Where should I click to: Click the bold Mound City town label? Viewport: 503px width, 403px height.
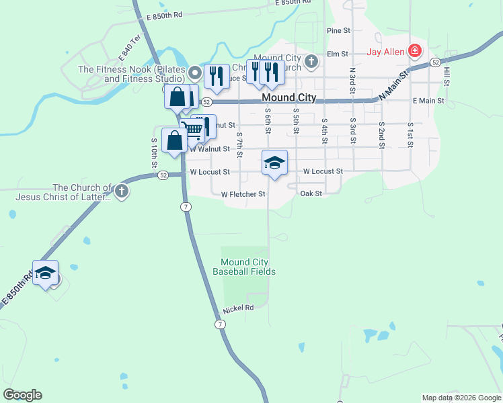pos(288,98)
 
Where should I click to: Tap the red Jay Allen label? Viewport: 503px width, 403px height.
pos(385,52)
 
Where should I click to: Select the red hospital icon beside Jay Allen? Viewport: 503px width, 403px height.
pos(416,51)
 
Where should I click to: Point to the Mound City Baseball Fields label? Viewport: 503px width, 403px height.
pos(244,267)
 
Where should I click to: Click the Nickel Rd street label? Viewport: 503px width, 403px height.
pos(239,308)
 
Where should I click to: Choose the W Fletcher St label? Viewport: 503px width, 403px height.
pos(243,194)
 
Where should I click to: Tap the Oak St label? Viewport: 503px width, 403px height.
pos(311,193)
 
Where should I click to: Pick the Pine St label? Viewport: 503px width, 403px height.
pos(338,31)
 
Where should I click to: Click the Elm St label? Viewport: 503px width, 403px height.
pos(337,54)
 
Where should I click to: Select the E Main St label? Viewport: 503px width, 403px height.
pos(428,101)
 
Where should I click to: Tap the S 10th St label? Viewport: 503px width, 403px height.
pos(154,152)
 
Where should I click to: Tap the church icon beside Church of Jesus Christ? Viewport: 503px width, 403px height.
pos(122,191)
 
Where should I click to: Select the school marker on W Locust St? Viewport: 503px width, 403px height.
pos(274,163)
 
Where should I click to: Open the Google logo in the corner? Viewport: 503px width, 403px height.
pos(22,395)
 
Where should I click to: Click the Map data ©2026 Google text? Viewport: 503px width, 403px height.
pos(461,398)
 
